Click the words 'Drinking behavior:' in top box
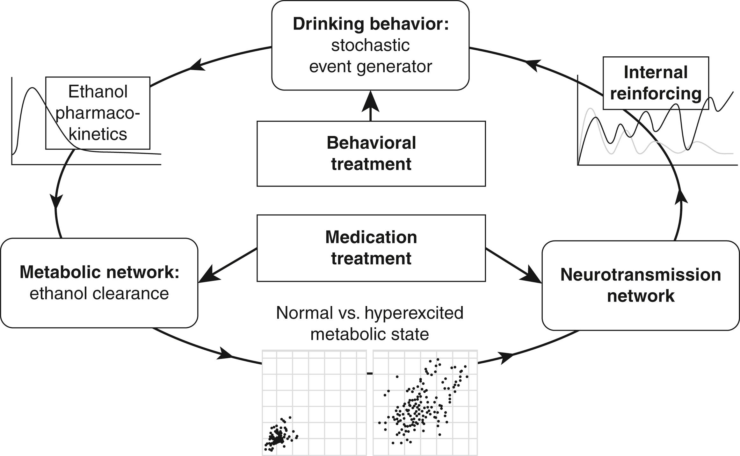click(370, 24)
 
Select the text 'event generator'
click(370, 67)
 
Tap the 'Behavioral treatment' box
click(371, 153)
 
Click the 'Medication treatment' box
click(371, 248)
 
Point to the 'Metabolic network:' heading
click(99, 273)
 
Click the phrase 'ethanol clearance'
click(99, 294)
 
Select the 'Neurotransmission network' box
click(641, 285)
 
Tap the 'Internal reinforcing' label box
click(656, 83)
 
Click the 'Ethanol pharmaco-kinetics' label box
click(98, 113)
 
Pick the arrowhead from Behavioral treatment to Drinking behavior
click(370, 101)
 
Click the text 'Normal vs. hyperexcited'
click(370, 313)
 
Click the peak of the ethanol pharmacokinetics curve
click(32, 88)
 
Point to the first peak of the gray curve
click(591, 109)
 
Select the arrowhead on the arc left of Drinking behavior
click(197, 65)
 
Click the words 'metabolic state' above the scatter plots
click(370, 334)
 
